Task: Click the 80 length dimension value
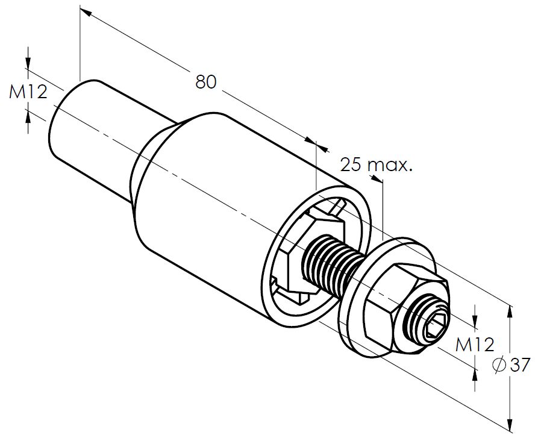205,81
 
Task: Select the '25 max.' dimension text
377,164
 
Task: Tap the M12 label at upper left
28,92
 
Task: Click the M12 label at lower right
474,345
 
